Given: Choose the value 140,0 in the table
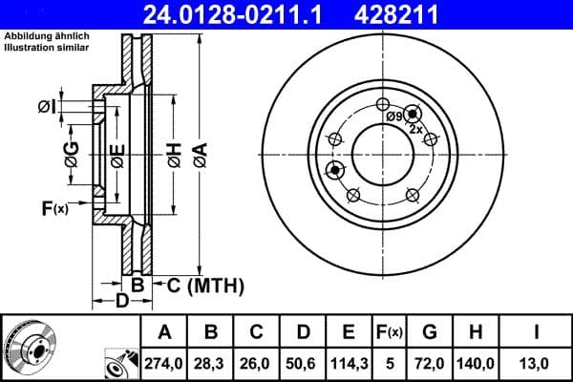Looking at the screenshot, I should (479, 363).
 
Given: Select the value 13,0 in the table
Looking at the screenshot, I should (538, 363).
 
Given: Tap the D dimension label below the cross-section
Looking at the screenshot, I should (122, 302).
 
